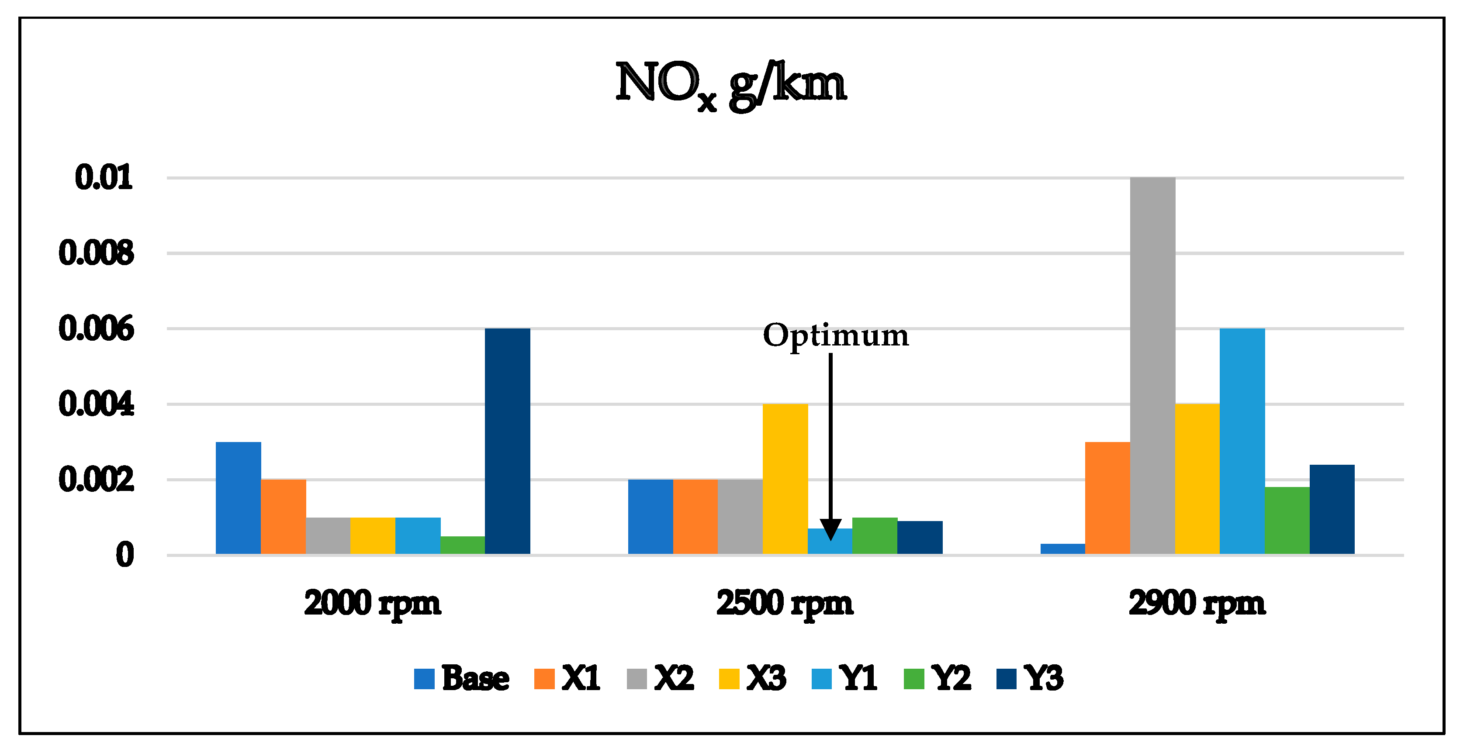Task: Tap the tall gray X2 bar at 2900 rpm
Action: (1152, 366)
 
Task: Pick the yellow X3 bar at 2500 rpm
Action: (785, 479)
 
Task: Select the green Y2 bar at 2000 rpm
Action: (463, 545)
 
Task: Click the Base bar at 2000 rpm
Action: (238, 497)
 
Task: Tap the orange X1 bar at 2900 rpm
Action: (1107, 497)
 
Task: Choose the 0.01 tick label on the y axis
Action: (104, 177)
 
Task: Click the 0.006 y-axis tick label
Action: (97, 328)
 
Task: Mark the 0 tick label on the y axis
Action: (125, 555)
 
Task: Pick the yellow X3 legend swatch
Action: (729, 679)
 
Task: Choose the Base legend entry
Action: (461, 678)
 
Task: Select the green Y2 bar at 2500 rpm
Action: (875, 535)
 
